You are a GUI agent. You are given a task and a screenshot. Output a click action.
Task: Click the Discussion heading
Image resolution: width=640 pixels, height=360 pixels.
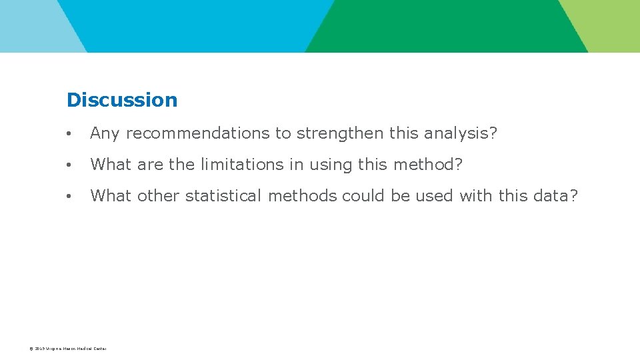122,100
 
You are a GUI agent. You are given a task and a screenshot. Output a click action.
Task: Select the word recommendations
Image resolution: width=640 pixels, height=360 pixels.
199,133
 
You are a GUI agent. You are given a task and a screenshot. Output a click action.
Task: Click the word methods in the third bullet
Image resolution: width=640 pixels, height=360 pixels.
303,196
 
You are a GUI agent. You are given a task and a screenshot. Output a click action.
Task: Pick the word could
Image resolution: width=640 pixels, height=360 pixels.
363,196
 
